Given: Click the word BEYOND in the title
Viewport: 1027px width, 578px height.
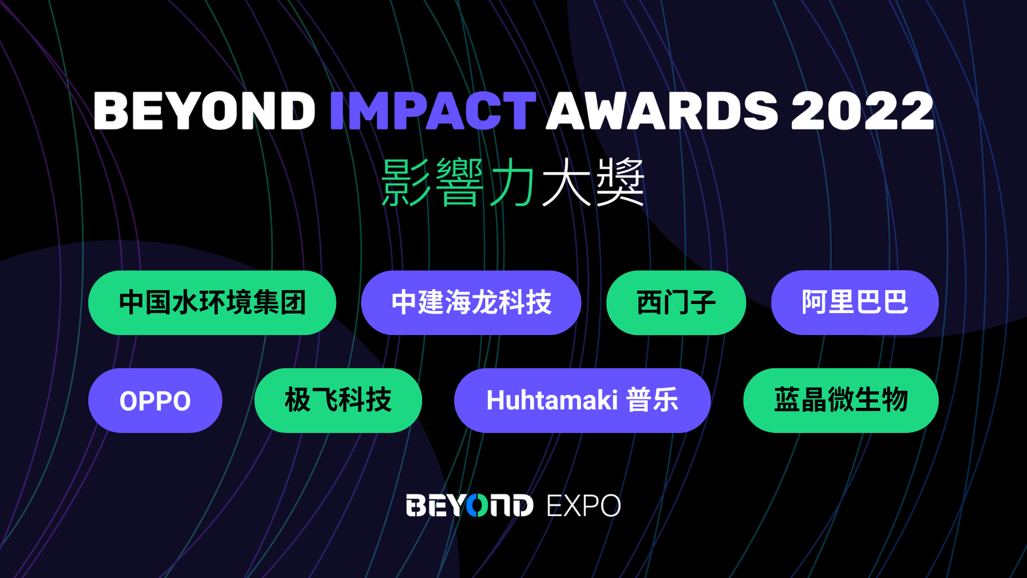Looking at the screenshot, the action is point(204,111).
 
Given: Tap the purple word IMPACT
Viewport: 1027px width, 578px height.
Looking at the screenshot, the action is point(433,111).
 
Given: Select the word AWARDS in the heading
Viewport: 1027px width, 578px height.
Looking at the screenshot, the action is point(662,111).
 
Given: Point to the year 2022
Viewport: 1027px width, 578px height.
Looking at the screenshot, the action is point(862,111).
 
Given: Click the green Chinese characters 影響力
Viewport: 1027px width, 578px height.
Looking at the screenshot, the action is point(458,182).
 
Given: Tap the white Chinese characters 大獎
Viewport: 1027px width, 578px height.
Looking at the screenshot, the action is point(593,182).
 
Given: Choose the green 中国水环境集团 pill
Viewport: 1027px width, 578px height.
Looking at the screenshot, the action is point(212,303).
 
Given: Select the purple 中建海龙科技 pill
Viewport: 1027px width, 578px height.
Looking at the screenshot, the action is point(471,303).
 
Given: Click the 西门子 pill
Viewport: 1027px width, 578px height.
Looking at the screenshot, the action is point(676,303).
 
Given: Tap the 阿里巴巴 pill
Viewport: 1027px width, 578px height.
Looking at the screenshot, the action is point(855,303).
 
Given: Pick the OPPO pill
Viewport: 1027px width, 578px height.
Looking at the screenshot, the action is point(155,400).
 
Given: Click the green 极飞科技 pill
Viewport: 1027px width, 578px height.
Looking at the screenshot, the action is point(338,400).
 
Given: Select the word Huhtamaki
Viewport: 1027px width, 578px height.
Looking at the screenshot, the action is point(552,400).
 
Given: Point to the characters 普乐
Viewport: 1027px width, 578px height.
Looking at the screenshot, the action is point(653,400).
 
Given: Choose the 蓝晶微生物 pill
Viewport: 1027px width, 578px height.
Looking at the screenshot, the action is point(841,400).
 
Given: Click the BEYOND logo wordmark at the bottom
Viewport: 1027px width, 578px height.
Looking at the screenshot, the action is point(470,506).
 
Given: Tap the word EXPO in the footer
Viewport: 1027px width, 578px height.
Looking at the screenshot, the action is point(584,506).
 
